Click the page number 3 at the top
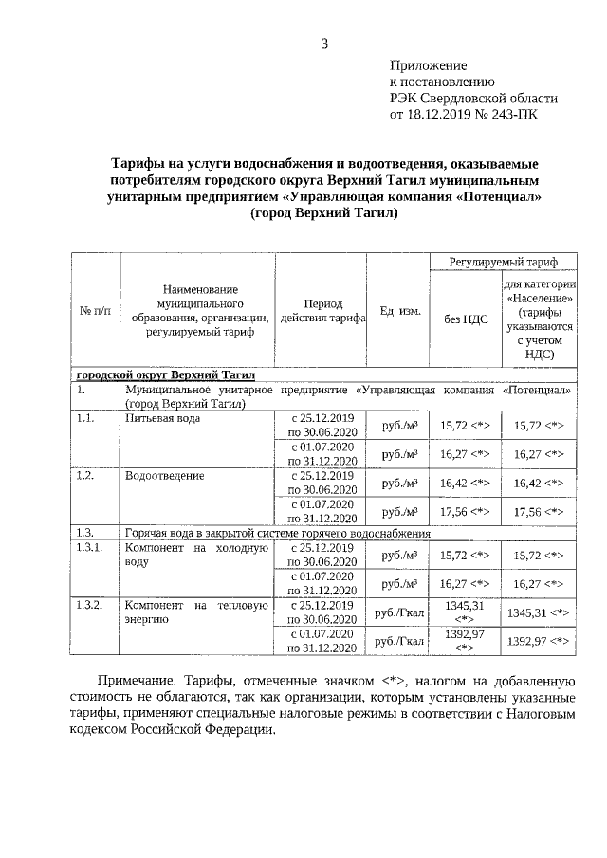click(x=324, y=43)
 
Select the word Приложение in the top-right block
click(x=429, y=65)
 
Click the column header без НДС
click(x=465, y=319)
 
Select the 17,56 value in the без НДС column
click(x=465, y=511)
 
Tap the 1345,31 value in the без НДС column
click(x=465, y=612)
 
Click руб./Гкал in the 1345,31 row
click(x=398, y=613)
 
